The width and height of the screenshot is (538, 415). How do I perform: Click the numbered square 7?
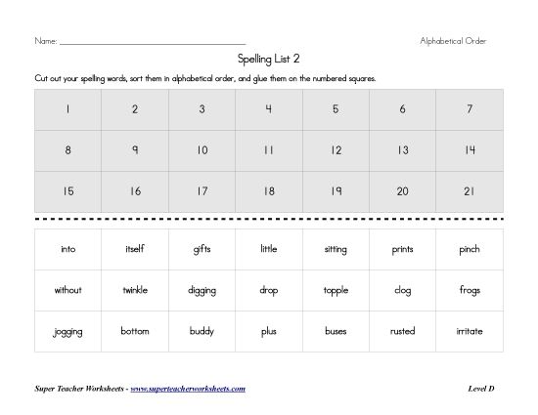pyautogui.click(x=470, y=109)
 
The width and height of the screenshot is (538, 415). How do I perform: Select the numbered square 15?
pyautogui.click(x=67, y=191)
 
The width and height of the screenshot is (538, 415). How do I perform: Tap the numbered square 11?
pyautogui.click(x=268, y=150)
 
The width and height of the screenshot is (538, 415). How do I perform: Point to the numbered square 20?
pyautogui.click(x=402, y=191)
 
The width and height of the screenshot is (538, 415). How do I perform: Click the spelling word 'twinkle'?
pyautogui.click(x=135, y=290)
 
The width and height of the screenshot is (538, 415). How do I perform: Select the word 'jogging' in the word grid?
pyautogui.click(x=67, y=331)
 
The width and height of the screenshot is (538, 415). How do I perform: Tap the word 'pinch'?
pyautogui.click(x=470, y=249)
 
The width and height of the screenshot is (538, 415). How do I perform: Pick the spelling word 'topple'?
pyautogui.click(x=336, y=290)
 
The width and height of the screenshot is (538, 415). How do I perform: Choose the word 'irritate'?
pyautogui.click(x=470, y=331)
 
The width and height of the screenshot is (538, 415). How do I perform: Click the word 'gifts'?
pyautogui.click(x=202, y=249)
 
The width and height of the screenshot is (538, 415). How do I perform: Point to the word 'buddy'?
pyautogui.click(x=202, y=331)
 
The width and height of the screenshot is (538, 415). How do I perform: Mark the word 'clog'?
pyautogui.click(x=402, y=290)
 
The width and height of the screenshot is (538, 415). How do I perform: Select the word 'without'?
pyautogui.click(x=67, y=290)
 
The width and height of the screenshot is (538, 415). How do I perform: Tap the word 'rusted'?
pyautogui.click(x=402, y=331)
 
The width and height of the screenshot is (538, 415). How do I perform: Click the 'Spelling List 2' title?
pyautogui.click(x=268, y=59)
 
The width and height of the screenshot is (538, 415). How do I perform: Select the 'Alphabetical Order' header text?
pyautogui.click(x=453, y=41)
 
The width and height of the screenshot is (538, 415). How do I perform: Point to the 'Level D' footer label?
pyautogui.click(x=480, y=389)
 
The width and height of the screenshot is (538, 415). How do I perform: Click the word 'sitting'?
pyautogui.click(x=336, y=249)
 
